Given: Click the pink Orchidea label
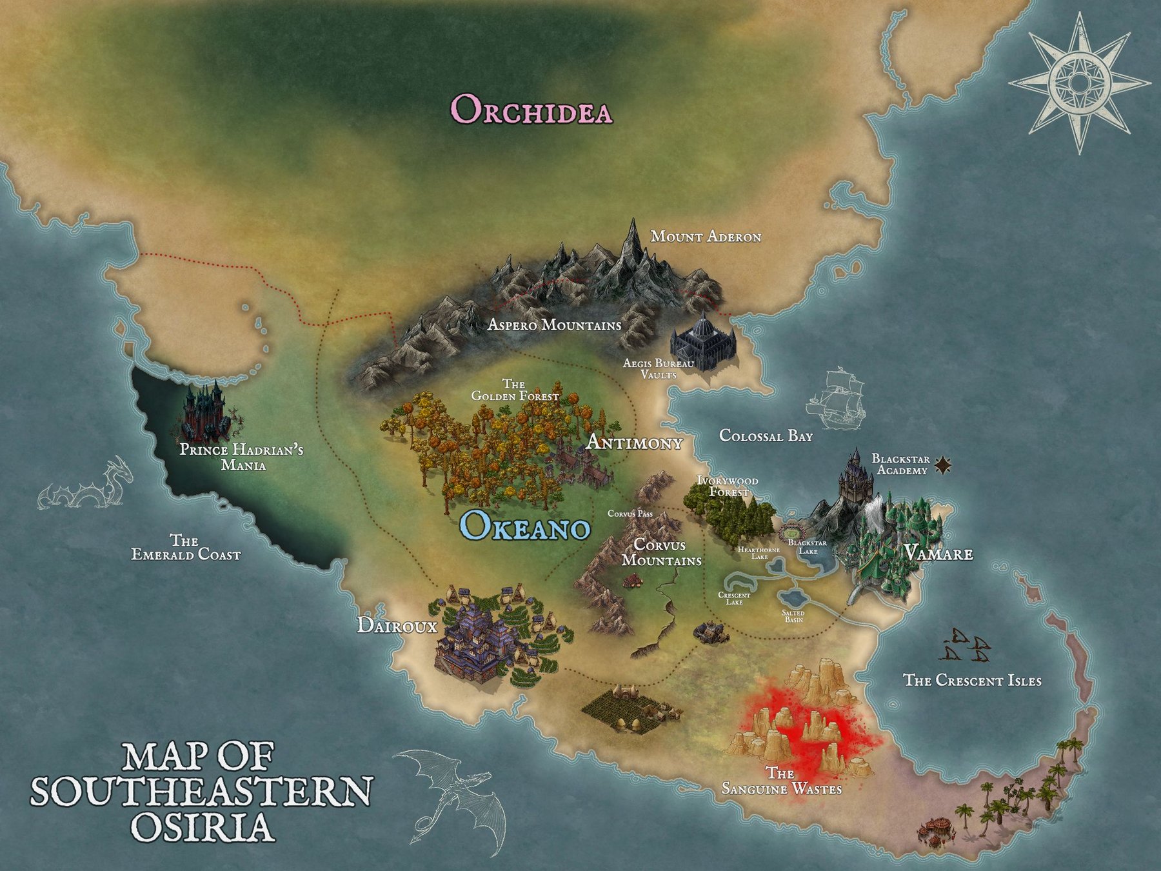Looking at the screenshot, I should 531,109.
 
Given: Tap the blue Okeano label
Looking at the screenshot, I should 525,526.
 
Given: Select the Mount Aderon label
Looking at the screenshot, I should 706,237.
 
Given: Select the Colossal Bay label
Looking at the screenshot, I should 766,436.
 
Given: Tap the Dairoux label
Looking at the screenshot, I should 397,625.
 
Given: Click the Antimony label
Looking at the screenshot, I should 633,443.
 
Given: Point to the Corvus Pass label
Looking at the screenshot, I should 630,514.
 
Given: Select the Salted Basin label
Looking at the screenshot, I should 793,616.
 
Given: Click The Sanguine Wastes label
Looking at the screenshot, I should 781,781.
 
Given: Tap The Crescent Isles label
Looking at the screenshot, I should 972,680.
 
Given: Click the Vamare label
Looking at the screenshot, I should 938,554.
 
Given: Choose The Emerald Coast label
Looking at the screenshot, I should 186,547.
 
